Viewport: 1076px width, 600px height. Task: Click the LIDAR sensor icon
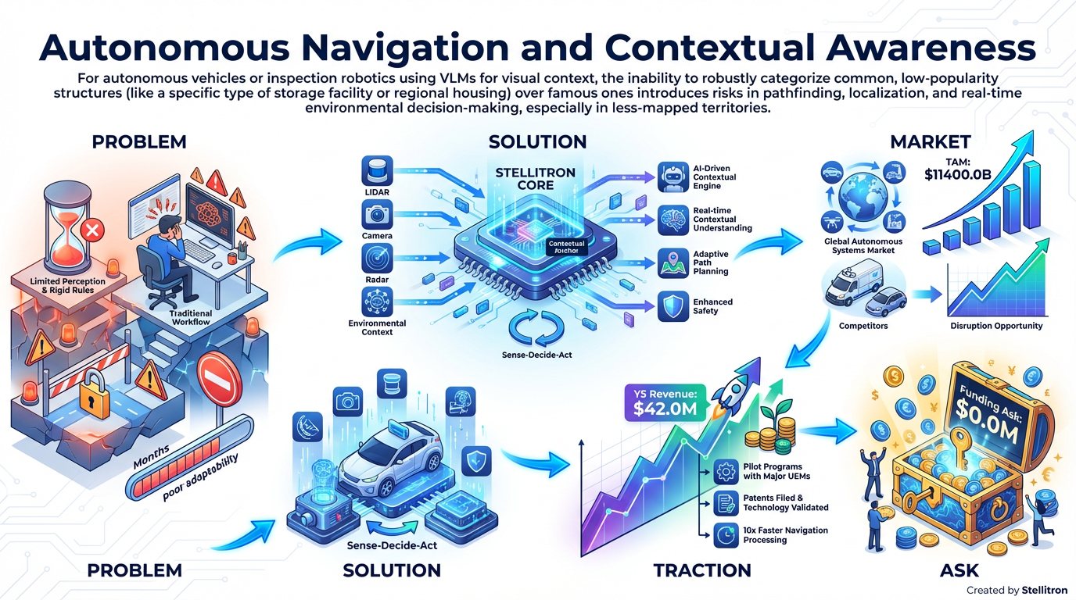pyautogui.click(x=378, y=171)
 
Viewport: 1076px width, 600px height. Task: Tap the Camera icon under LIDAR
pyautogui.click(x=378, y=213)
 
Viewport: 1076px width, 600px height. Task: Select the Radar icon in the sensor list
pyautogui.click(x=378, y=259)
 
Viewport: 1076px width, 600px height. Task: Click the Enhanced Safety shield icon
pyautogui.click(x=672, y=306)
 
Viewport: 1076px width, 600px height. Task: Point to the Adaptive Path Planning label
pyautogui.click(x=712, y=262)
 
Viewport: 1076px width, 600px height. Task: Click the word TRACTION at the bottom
pyautogui.click(x=702, y=570)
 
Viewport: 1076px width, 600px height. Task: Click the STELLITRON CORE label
pyautogui.click(x=536, y=179)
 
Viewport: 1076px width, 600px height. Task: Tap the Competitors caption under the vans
pyautogui.click(x=863, y=326)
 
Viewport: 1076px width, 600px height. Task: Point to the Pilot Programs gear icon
pyautogui.click(x=724, y=471)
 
